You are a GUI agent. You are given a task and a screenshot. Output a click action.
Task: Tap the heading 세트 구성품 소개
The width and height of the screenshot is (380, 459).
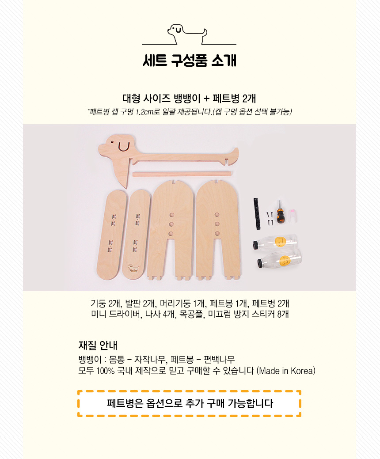(x=190, y=61)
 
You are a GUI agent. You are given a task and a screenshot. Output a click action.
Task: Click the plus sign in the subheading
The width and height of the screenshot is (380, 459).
(x=206, y=99)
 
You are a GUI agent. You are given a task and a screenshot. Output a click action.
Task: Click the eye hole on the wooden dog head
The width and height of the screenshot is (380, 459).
(x=112, y=142)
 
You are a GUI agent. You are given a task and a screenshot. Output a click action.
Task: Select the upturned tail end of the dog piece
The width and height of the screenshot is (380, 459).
(x=235, y=153)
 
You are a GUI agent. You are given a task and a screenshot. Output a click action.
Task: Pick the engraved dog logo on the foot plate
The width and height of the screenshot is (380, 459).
(x=133, y=268)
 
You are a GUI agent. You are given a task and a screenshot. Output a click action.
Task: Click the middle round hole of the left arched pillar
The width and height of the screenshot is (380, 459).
(x=171, y=224)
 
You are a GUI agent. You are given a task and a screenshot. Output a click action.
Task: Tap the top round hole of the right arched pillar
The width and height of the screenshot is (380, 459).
(x=217, y=215)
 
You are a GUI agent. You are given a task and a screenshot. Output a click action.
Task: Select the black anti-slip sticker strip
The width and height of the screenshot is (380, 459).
(x=257, y=214)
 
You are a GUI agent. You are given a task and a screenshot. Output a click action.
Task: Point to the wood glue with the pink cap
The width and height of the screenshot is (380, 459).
(x=293, y=216)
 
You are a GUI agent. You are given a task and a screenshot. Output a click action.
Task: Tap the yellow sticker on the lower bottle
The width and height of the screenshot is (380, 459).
(x=284, y=260)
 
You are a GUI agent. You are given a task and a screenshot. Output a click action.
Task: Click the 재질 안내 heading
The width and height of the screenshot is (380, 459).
(x=98, y=345)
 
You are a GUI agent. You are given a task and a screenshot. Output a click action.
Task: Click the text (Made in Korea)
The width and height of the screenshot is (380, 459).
(x=286, y=371)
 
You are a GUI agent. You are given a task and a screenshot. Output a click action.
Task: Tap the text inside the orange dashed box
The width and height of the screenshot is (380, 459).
(x=190, y=403)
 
